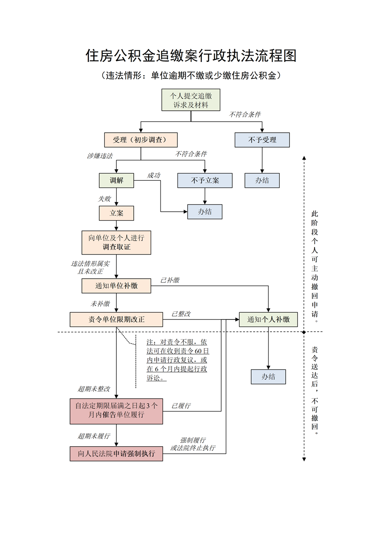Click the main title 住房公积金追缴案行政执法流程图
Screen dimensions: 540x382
click(x=191, y=56)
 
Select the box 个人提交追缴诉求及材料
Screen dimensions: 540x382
click(x=191, y=101)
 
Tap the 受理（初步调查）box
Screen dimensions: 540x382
click(x=141, y=140)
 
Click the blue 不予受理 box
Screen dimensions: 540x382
click(x=262, y=140)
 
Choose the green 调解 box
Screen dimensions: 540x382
click(x=116, y=180)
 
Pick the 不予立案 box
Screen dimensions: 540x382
click(x=205, y=180)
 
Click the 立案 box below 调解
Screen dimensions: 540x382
click(x=116, y=213)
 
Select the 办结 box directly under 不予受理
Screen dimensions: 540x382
click(x=262, y=180)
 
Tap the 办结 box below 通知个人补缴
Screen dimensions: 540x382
click(x=268, y=377)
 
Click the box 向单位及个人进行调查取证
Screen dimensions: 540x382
click(x=116, y=243)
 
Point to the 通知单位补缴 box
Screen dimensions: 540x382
click(x=116, y=286)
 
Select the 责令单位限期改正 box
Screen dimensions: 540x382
click(x=116, y=319)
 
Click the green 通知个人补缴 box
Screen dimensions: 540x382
click(x=268, y=319)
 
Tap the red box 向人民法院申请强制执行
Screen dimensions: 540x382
click(x=116, y=453)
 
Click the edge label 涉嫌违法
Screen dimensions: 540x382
click(x=100, y=156)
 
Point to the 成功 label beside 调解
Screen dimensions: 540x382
click(x=154, y=175)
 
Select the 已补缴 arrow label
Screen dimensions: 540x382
click(x=170, y=280)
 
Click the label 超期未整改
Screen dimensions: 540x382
click(x=94, y=389)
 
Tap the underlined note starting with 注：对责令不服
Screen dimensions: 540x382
click(x=177, y=360)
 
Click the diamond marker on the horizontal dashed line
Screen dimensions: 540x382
click(x=304, y=332)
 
